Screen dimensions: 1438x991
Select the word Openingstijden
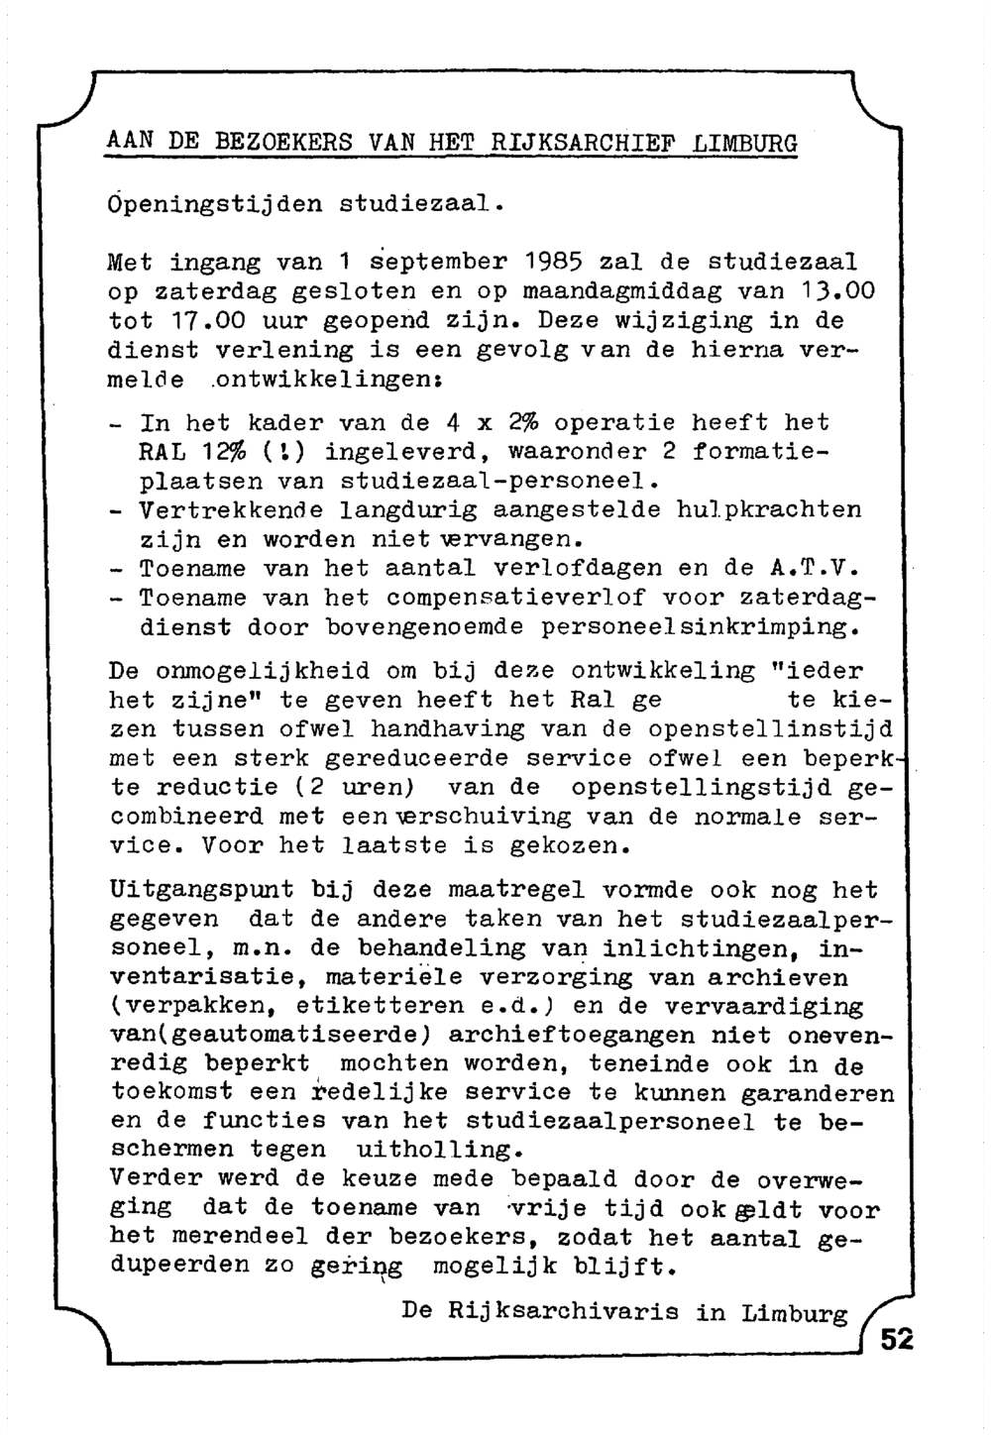click(x=214, y=205)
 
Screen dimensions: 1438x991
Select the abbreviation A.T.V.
click(x=813, y=569)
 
